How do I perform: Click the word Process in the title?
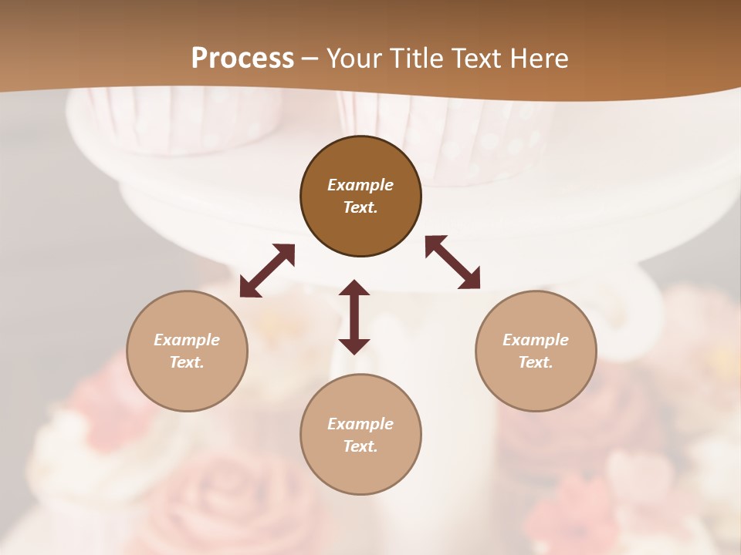click(x=242, y=59)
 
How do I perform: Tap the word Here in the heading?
click(x=539, y=59)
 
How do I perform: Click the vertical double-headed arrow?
click(x=354, y=317)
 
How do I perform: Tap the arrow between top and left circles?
click(x=267, y=271)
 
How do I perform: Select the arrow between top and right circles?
click(x=452, y=262)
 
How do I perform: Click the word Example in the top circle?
click(x=360, y=185)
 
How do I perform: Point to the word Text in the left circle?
click(x=187, y=362)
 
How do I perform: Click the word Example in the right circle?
click(x=536, y=340)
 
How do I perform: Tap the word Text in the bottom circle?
click(x=360, y=446)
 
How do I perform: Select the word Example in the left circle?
click(x=187, y=340)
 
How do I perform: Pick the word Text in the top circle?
click(x=360, y=207)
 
